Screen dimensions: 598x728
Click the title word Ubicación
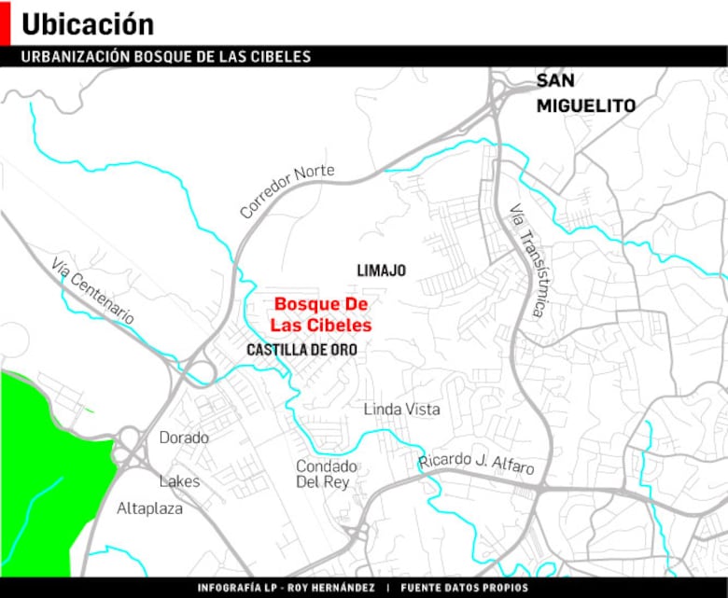(x=88, y=23)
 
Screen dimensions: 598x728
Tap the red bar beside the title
(x=5, y=22)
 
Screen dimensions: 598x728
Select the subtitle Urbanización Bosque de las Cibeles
(x=166, y=57)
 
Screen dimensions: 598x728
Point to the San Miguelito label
(x=585, y=93)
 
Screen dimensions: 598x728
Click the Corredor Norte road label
(x=287, y=191)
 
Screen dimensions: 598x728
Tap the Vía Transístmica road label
(x=526, y=260)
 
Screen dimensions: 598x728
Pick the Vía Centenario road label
(x=93, y=290)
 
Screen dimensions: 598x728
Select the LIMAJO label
(x=381, y=271)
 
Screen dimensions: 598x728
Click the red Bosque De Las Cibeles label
(x=321, y=315)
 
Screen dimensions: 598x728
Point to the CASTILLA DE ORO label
(x=301, y=350)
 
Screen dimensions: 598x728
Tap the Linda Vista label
(x=401, y=410)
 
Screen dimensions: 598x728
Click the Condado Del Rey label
(x=326, y=474)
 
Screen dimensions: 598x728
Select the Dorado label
(x=184, y=438)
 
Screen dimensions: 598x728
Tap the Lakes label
(x=179, y=481)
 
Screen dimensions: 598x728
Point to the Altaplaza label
(x=149, y=509)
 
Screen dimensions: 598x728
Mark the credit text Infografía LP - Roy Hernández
(x=286, y=588)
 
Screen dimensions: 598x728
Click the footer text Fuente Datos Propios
(x=464, y=588)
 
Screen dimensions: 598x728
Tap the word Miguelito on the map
(x=585, y=106)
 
